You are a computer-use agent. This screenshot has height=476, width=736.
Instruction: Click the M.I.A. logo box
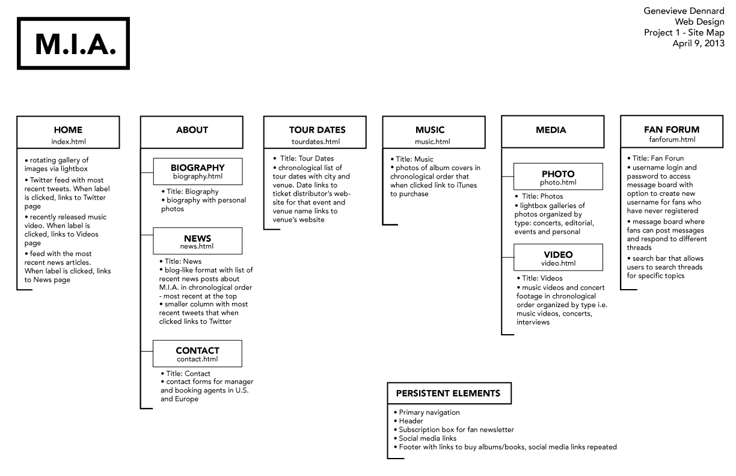74,43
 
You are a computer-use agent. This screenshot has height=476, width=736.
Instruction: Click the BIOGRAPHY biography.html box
197,171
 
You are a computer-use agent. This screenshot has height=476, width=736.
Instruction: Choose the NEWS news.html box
197,241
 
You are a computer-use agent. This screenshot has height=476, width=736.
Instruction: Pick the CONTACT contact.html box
197,353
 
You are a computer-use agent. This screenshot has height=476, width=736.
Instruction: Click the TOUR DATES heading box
317,132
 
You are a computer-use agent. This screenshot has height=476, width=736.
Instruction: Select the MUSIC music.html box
433,133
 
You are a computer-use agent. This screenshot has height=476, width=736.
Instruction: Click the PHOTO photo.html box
557,177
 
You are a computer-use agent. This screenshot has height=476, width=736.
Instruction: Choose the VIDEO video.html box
557,258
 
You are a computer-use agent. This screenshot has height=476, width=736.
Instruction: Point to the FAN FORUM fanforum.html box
672,133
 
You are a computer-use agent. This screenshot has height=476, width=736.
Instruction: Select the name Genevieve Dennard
684,11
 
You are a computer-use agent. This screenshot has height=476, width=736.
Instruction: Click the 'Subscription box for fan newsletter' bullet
456,430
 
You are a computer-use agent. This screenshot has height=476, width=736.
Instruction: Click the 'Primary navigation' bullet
429,412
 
